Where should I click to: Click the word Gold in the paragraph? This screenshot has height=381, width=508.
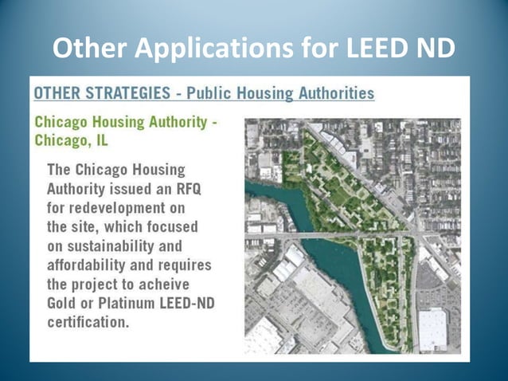coord(65,303)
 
